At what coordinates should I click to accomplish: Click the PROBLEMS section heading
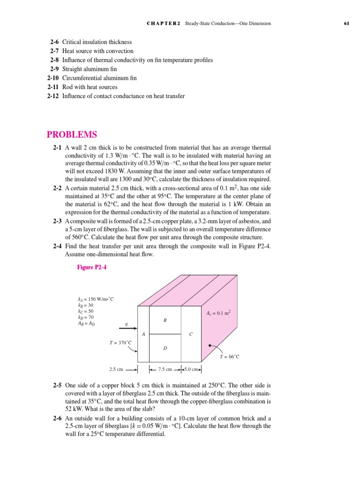click(x=72, y=135)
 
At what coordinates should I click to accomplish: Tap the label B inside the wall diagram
click(x=165, y=320)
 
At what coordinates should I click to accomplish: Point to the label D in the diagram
click(x=165, y=348)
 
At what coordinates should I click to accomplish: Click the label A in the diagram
click(x=143, y=334)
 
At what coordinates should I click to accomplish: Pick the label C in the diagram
click(x=190, y=334)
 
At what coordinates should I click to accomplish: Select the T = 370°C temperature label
click(x=120, y=343)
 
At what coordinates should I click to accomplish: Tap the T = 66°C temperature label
click(x=230, y=357)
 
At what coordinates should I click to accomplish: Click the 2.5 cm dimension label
click(x=116, y=369)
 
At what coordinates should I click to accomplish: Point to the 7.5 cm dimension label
click(x=165, y=369)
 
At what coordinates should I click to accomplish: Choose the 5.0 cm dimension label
click(x=192, y=369)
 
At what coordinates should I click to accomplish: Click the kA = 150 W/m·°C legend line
click(x=96, y=299)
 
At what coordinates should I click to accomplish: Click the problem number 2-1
click(x=57, y=147)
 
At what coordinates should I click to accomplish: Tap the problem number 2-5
click(x=57, y=385)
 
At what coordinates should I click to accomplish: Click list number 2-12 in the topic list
click(x=54, y=96)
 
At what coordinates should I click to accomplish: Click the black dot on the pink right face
click(x=210, y=345)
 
